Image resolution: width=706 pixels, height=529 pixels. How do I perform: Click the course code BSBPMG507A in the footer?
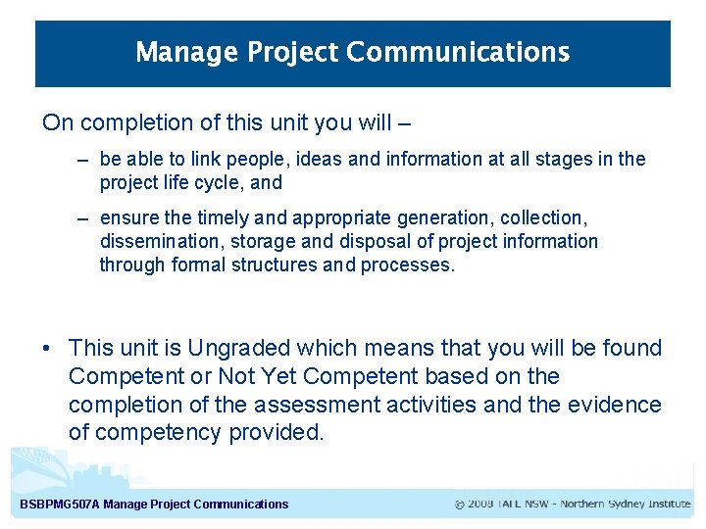pos(59,505)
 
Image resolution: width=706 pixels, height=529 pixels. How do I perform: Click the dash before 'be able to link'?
pos(83,159)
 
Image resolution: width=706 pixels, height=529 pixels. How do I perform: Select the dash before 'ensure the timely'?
pos(83,217)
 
